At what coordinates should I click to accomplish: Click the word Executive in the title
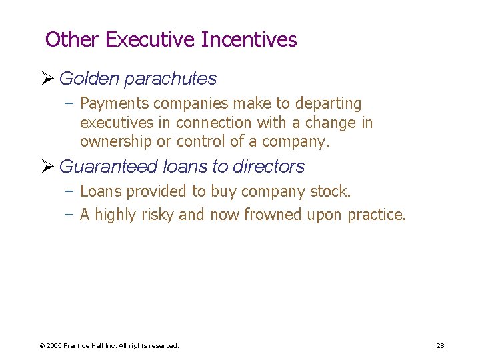point(150,40)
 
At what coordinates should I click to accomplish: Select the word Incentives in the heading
point(249,40)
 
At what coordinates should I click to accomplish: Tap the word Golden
point(89,79)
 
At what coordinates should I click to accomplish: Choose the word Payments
point(114,104)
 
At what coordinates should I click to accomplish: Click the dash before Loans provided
point(70,192)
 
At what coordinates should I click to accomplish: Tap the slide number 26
point(440,345)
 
